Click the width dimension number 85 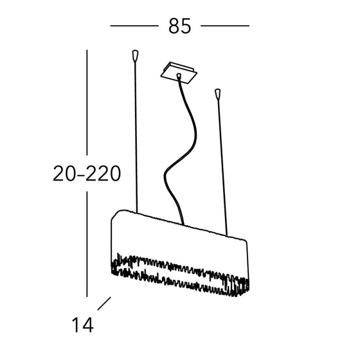pyautogui.click(x=180, y=26)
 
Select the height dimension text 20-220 pyautogui.click(x=87, y=173)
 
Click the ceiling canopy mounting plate pyautogui.click(x=179, y=73)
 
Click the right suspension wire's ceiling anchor pyautogui.click(x=217, y=94)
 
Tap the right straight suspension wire pyautogui.click(x=222, y=167)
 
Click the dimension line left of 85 pyautogui.click(x=134, y=26)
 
